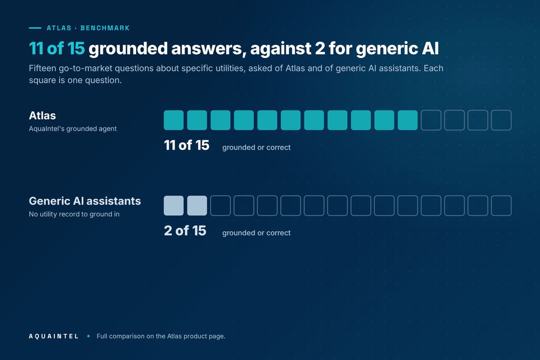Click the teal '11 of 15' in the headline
57,48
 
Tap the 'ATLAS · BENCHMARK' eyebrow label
88,28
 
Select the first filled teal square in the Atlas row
173,120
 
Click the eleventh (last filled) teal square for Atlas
408,120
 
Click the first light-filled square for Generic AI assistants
173,206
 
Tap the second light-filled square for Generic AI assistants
197,206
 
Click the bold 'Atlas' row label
42,115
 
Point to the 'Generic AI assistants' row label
85,201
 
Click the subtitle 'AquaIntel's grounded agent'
73,129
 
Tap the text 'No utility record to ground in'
74,214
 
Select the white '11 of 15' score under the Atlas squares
187,145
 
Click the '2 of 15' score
185,230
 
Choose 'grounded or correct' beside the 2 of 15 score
256,233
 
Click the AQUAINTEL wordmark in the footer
54,336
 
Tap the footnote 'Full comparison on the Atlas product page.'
161,336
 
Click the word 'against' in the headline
281,48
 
